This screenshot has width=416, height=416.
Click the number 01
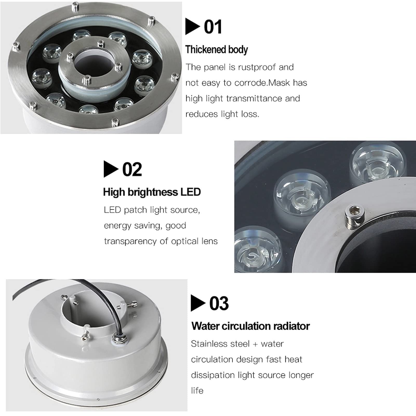(x=213, y=27)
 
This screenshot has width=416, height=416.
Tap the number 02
(x=132, y=169)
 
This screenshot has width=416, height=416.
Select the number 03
(x=219, y=303)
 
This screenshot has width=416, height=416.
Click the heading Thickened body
(x=216, y=50)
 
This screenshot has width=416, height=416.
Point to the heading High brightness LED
(x=152, y=192)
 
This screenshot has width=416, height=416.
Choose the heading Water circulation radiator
(x=250, y=326)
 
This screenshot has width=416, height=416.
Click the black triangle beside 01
(x=193, y=27)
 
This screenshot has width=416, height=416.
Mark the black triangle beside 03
(x=198, y=303)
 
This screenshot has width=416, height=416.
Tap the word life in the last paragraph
(x=197, y=391)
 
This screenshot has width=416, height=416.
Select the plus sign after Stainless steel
(x=255, y=344)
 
